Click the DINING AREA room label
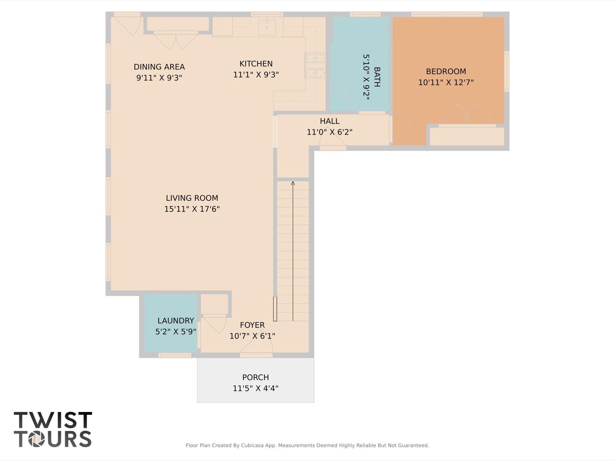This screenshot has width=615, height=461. [x=159, y=67]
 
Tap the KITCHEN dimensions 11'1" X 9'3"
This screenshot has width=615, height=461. [x=256, y=75]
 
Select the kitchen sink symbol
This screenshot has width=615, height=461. [x=267, y=27]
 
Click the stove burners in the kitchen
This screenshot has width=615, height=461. [x=315, y=65]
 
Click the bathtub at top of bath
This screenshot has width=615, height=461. [x=361, y=29]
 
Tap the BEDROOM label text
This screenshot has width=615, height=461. [x=446, y=71]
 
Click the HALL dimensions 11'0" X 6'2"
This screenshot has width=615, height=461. [x=329, y=132]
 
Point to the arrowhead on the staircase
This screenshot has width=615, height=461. [x=293, y=183]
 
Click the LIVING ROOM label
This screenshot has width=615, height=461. [x=192, y=198]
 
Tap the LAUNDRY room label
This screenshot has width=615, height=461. [x=175, y=321]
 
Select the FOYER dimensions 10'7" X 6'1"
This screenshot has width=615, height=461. [x=252, y=336]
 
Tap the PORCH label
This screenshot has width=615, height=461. [x=255, y=377]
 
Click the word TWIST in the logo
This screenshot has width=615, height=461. [x=53, y=420]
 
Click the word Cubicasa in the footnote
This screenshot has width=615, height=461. [x=253, y=445]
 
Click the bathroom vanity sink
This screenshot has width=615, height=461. [x=340, y=89]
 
